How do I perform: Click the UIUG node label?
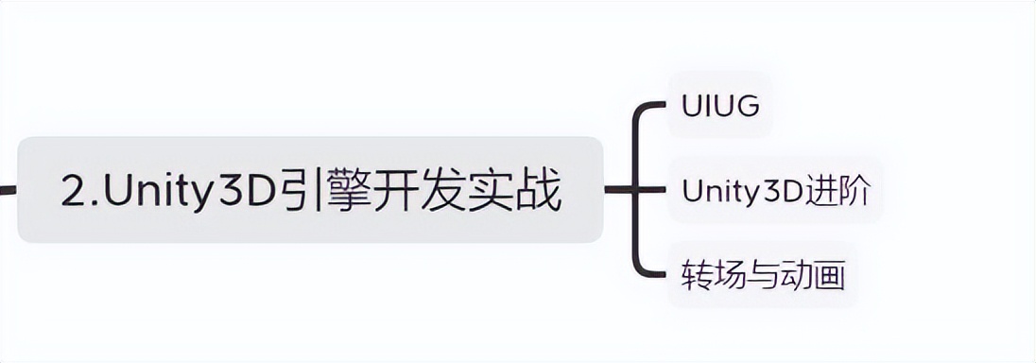click(x=720, y=107)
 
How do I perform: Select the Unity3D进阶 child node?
click(x=775, y=191)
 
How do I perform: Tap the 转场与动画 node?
click(x=762, y=276)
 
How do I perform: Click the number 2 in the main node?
click(x=74, y=192)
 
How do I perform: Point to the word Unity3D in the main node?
click(x=188, y=192)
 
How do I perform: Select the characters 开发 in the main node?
click(x=417, y=191)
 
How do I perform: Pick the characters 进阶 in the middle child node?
click(x=839, y=191)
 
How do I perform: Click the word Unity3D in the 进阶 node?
click(x=743, y=192)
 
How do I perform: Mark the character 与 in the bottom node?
click(x=762, y=276)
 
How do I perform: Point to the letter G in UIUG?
click(x=747, y=107)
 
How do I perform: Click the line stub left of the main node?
click(x=8, y=190)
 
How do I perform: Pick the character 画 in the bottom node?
click(x=831, y=276)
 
